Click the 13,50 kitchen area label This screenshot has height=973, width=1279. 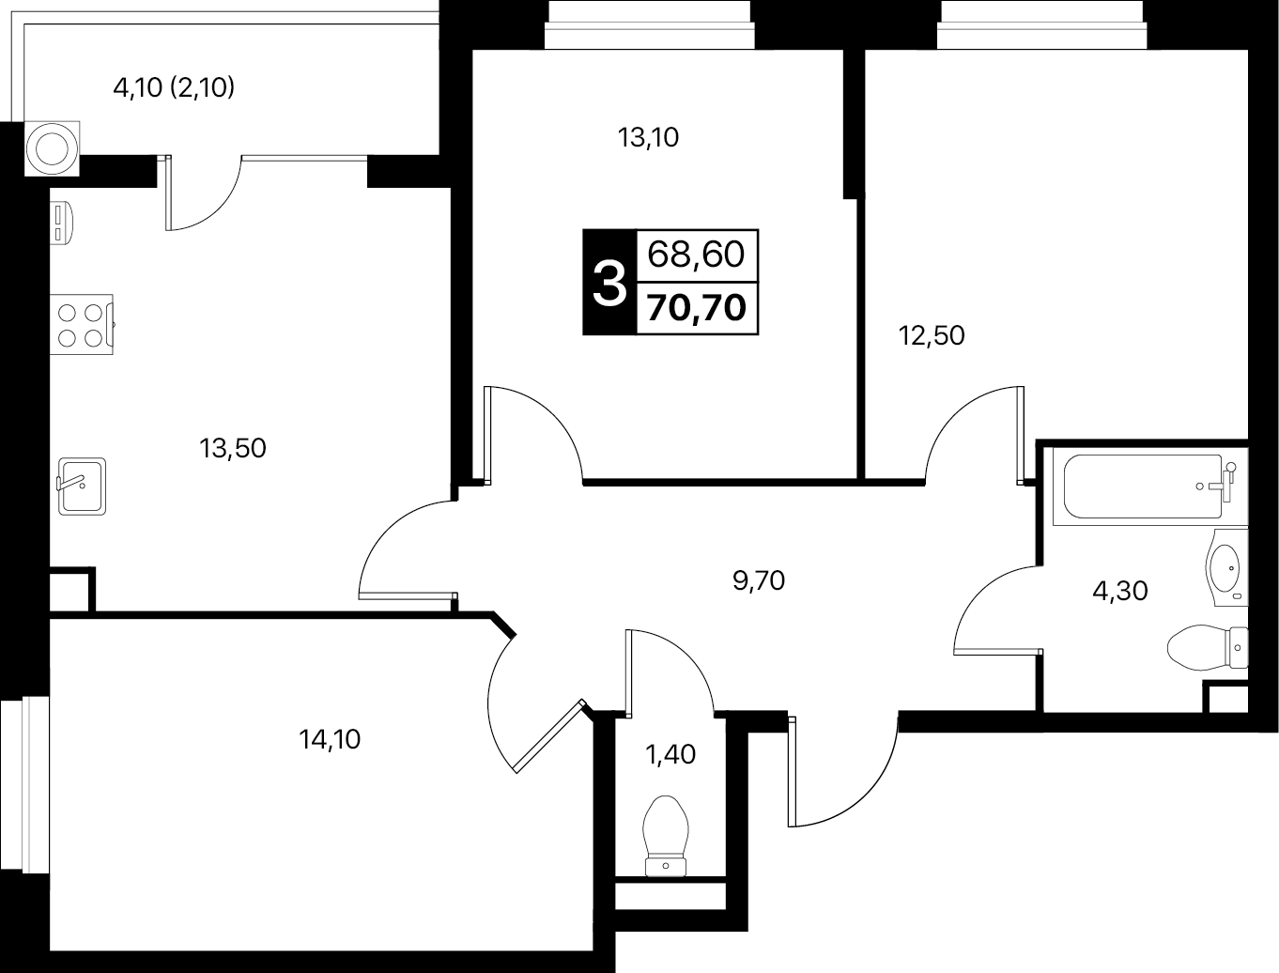pos(233,449)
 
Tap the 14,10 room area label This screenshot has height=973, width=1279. pos(330,739)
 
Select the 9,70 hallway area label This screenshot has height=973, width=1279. pos(759,580)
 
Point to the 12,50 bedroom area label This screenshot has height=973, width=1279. pos(932,335)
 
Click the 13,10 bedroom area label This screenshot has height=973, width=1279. pos(648,138)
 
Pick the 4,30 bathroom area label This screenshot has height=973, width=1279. pos(1120,591)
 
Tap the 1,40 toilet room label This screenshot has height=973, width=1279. pos(670,754)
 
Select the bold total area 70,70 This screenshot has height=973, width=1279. pos(696,308)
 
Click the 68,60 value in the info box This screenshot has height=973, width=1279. pos(696,255)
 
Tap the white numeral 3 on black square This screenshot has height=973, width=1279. pos(609,283)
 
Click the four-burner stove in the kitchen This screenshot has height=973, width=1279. pos(81,325)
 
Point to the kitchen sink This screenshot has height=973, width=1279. pos(82,486)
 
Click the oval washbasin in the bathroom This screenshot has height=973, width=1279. pos(1226,567)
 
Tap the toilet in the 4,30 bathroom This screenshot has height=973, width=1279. pos(1208,647)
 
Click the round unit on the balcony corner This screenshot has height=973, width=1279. pos(52,148)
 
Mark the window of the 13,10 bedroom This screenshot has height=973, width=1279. pos(649,24)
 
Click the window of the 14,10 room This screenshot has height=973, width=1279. pos(24,783)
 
